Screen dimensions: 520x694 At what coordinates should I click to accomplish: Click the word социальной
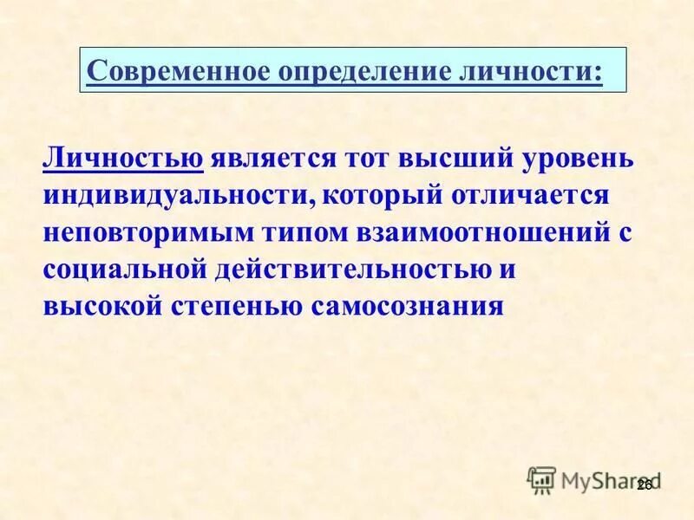pos(122,270)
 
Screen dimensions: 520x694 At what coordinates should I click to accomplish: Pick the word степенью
pos(239,306)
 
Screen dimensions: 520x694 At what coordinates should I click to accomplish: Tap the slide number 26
pos(644,486)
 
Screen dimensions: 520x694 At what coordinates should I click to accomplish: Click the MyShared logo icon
pos(541,479)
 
